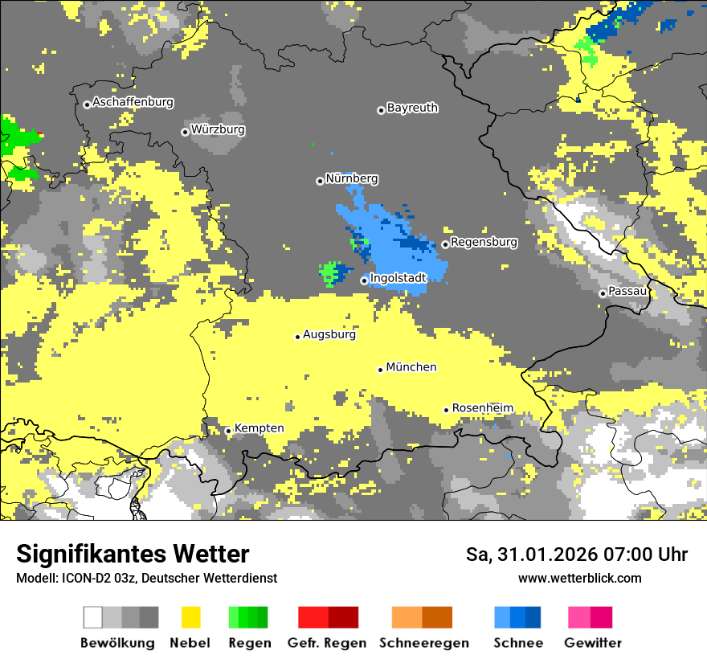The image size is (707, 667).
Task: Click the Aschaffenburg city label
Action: [x=133, y=103]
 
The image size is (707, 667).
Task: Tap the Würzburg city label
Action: [x=218, y=129]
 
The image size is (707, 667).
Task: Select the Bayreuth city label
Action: [x=412, y=108]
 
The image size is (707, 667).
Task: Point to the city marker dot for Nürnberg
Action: [x=320, y=181]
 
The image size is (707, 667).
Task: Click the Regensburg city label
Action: [x=484, y=242]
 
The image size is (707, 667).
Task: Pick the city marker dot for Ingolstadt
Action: [x=364, y=280]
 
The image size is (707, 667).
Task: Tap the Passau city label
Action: [x=627, y=291]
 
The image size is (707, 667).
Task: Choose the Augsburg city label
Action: [x=329, y=334]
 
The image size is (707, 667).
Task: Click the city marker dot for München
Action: [x=381, y=370]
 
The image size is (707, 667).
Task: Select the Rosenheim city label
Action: [x=482, y=408]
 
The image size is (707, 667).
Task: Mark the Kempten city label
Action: [x=259, y=428]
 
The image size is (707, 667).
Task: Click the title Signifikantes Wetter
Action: [x=133, y=554]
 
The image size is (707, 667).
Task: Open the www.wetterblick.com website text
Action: [x=579, y=578]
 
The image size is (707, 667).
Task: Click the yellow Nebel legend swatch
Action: [x=190, y=617]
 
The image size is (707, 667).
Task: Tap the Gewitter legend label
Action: [x=592, y=643]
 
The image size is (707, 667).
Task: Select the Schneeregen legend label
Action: [x=422, y=643]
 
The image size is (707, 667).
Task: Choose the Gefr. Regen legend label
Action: [x=327, y=643]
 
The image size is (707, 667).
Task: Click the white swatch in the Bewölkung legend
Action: [x=93, y=617]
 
